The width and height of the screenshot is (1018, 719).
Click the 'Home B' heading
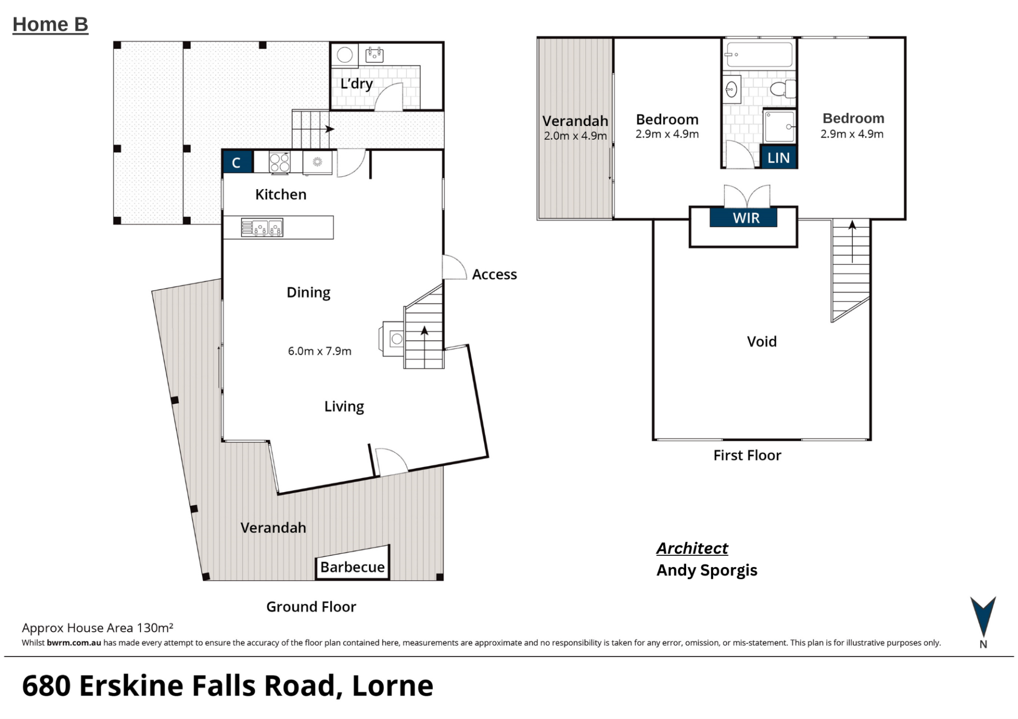pos(50,25)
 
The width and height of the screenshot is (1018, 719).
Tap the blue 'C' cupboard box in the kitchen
pos(236,162)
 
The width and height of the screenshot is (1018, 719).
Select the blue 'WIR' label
pos(743,218)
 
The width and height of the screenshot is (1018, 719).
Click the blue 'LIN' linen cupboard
pos(778,157)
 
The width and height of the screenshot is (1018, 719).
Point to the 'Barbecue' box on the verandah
pos(353,567)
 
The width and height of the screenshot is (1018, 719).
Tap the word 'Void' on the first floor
pos(762,341)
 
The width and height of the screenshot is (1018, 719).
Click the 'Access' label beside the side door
pos(494,274)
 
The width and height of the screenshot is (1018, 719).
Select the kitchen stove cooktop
pos(279,163)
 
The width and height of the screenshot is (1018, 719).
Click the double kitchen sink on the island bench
pos(262,227)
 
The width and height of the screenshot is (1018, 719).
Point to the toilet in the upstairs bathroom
pos(783,88)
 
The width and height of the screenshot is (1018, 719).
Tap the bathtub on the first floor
pos(759,55)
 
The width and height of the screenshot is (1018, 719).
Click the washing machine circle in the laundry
pos(345,55)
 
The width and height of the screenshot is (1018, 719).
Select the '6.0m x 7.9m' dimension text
pos(320,351)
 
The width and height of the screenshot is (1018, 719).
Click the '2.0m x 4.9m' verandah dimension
pos(575,136)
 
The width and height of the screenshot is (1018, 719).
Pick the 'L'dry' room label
pos(357,84)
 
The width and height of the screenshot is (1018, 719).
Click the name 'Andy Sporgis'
pos(707,571)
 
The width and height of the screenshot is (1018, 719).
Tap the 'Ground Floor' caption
pos(311,607)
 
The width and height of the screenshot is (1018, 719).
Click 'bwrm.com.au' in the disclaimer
pos(74,643)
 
